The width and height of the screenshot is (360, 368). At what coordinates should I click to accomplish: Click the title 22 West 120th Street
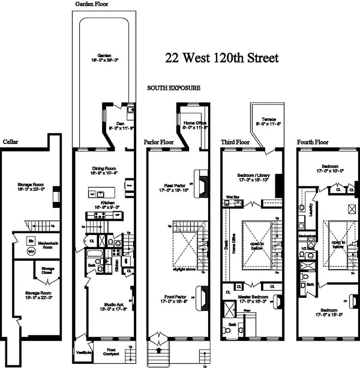221,58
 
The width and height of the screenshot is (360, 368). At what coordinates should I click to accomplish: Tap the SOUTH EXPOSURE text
174,88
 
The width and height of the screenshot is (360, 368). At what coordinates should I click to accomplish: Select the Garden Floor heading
92,4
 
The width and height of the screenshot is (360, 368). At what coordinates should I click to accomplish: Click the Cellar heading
11,141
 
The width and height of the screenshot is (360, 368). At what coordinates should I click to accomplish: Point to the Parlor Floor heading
158,142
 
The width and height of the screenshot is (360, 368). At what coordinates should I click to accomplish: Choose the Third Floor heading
235,142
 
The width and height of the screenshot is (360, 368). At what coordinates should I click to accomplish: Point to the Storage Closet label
48,270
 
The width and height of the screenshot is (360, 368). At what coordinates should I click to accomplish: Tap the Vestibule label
83,352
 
